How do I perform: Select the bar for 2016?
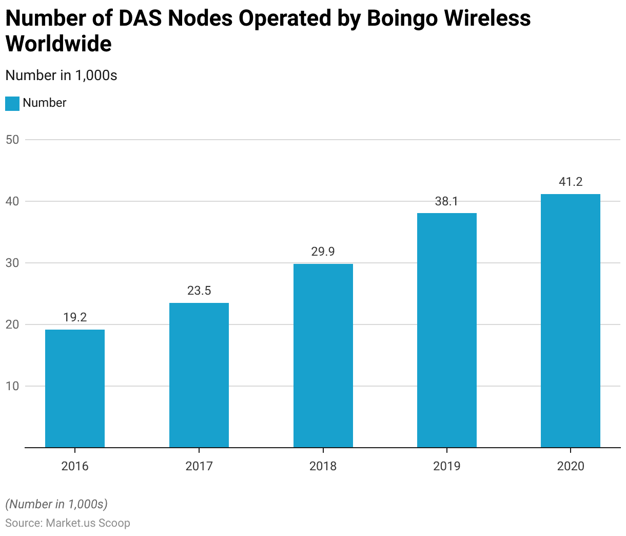point(75,388)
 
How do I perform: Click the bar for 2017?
point(199,375)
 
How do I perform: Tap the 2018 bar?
point(323,355)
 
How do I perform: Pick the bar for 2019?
point(447,330)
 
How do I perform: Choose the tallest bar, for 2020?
point(571,320)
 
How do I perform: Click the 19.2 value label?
point(75,317)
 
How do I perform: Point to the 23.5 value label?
point(199,291)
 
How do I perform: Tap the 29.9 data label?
point(323,252)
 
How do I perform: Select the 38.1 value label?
point(447,201)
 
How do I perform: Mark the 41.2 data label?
point(571,182)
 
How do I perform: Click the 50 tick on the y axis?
point(12,140)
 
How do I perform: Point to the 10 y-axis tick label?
point(12,386)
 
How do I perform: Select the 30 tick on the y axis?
point(12,263)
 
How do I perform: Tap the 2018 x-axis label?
point(323,466)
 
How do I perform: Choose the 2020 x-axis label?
point(571,466)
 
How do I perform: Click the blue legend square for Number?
point(12,103)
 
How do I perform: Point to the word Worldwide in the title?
point(58,44)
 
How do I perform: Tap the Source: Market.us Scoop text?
point(68,523)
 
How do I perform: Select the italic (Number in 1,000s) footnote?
point(56,504)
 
